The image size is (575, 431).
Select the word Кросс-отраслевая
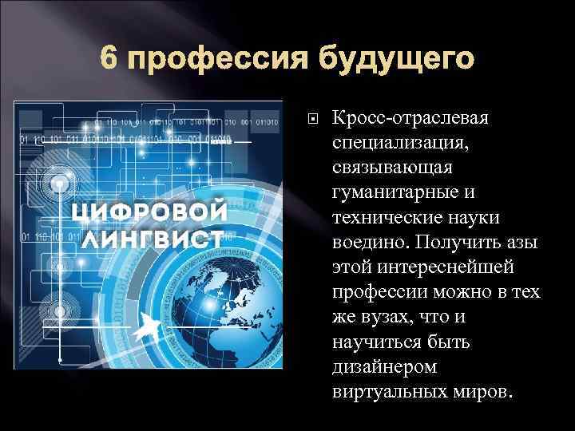pyautogui.click(x=414, y=118)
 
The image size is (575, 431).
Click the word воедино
pyautogui.click(x=366, y=243)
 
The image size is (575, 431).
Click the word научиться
pyautogui.click(x=375, y=342)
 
